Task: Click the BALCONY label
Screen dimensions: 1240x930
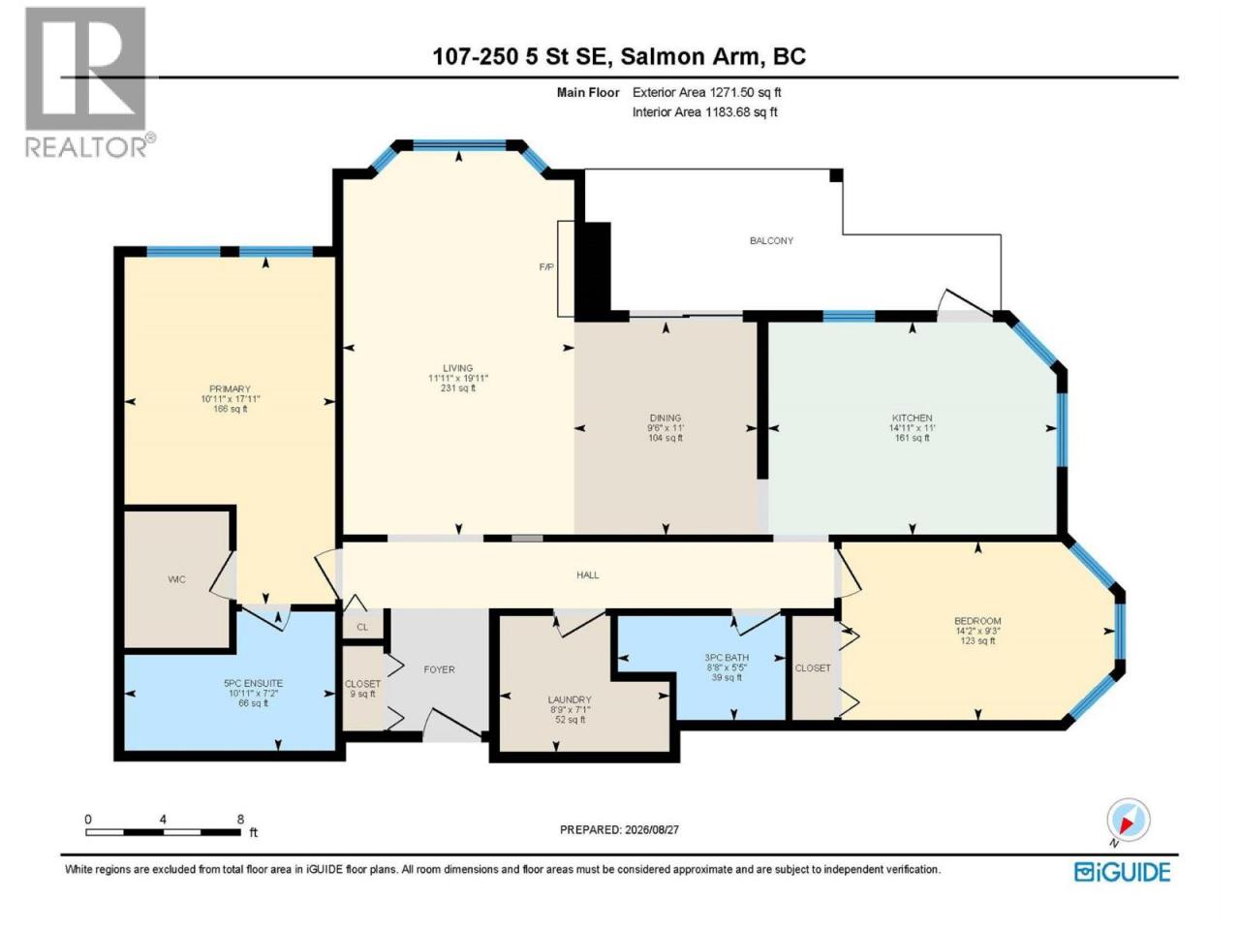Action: tap(771, 240)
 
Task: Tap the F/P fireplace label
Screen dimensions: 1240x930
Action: tap(546, 267)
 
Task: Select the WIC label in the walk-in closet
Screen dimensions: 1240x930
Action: tap(176, 579)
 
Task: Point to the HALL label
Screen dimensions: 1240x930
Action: tap(587, 574)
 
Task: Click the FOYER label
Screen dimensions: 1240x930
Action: tap(439, 669)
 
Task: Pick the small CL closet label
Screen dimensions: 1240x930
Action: tap(362, 628)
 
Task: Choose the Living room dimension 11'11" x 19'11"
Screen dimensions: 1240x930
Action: tap(457, 379)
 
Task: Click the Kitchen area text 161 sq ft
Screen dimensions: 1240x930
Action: tap(912, 438)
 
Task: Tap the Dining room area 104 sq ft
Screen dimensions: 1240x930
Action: tap(666, 438)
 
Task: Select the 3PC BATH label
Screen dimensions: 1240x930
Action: tap(727, 657)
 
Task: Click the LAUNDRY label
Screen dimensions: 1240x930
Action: tap(570, 699)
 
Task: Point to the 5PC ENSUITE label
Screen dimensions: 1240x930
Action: tap(253, 683)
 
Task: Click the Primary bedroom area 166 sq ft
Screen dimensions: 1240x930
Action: tap(230, 409)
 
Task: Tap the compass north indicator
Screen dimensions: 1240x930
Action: tap(1129, 820)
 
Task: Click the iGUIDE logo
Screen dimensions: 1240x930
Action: tap(1122, 872)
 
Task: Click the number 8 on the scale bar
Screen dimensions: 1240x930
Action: tap(240, 820)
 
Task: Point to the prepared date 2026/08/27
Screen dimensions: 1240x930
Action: tap(651, 829)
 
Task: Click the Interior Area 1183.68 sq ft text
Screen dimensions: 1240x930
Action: tap(704, 111)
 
